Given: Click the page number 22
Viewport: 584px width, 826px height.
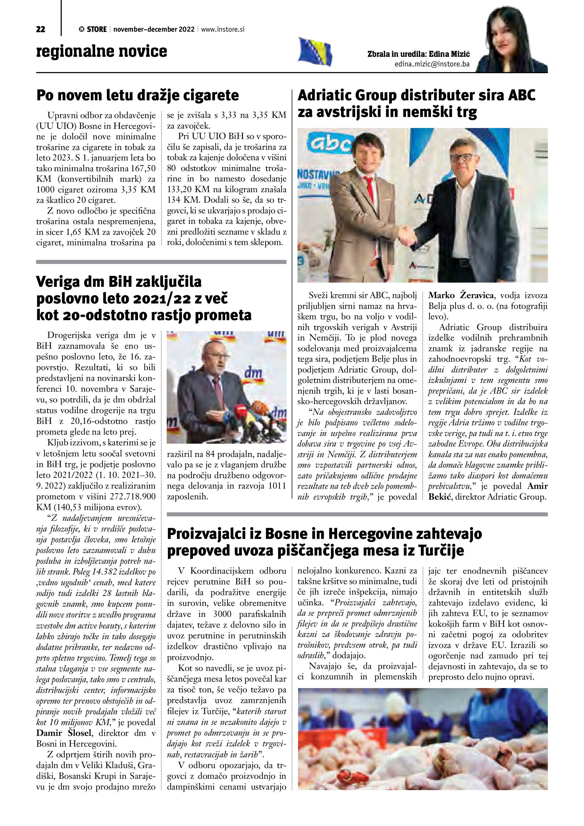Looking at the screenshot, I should click(41, 29).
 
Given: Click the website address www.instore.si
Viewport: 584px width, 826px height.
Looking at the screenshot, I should click(223, 29).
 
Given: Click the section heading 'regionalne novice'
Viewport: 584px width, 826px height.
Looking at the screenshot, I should click(102, 51).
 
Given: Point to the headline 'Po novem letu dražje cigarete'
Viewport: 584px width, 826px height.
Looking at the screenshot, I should click(138, 95).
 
